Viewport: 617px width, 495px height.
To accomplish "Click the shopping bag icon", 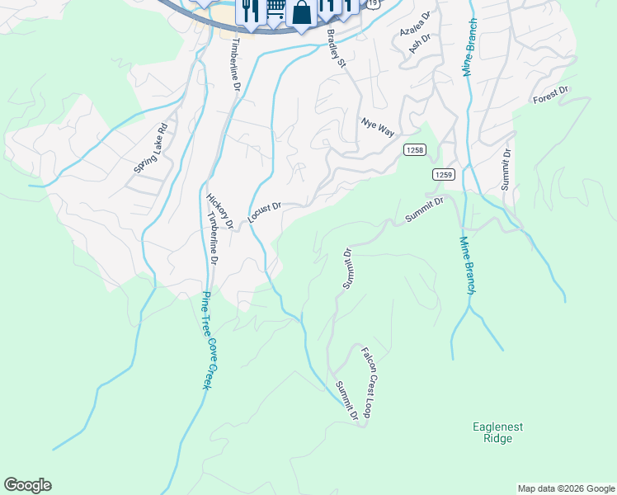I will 302,13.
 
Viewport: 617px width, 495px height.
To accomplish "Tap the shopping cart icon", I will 276,10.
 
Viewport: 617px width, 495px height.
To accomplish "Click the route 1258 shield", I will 415,149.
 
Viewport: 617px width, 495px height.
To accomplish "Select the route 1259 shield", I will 444,174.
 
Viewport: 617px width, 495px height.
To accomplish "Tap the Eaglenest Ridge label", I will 498,432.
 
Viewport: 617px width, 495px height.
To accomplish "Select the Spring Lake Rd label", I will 151,148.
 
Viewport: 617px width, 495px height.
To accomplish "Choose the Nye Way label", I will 378,126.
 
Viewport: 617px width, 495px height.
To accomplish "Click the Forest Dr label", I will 552,96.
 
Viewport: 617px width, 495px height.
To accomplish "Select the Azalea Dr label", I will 415,24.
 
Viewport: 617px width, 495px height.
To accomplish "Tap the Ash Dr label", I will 421,44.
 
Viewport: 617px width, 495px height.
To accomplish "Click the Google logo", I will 27,485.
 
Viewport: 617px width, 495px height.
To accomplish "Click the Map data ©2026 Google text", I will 565,488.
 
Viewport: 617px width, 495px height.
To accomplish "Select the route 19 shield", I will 374,4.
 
